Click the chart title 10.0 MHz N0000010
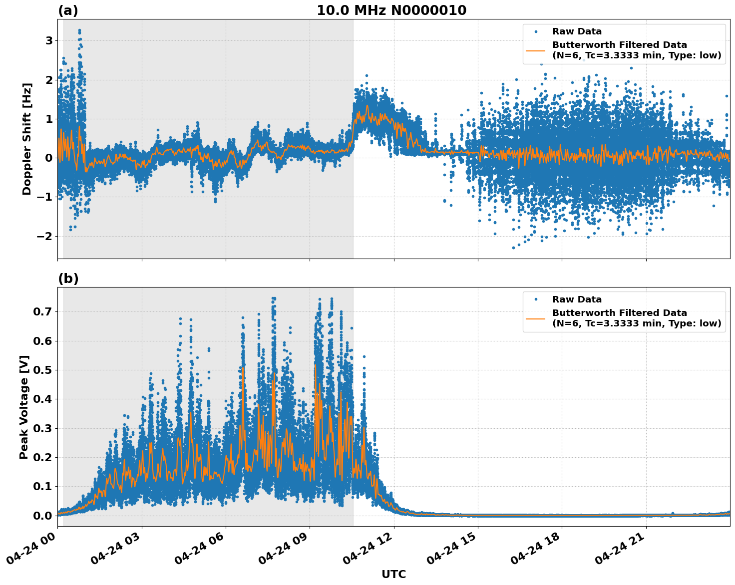(x=391, y=10)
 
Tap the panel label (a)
(x=68, y=10)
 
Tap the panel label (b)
(x=68, y=279)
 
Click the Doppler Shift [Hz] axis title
(x=27, y=139)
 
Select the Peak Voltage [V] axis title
(x=24, y=407)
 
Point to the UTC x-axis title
(x=393, y=574)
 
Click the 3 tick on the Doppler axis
(x=49, y=40)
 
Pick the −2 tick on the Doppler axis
(x=45, y=236)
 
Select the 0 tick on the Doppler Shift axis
(x=49, y=158)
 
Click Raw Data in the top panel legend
(x=577, y=31)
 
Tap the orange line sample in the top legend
(x=535, y=50)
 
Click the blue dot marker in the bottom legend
(x=535, y=299)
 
